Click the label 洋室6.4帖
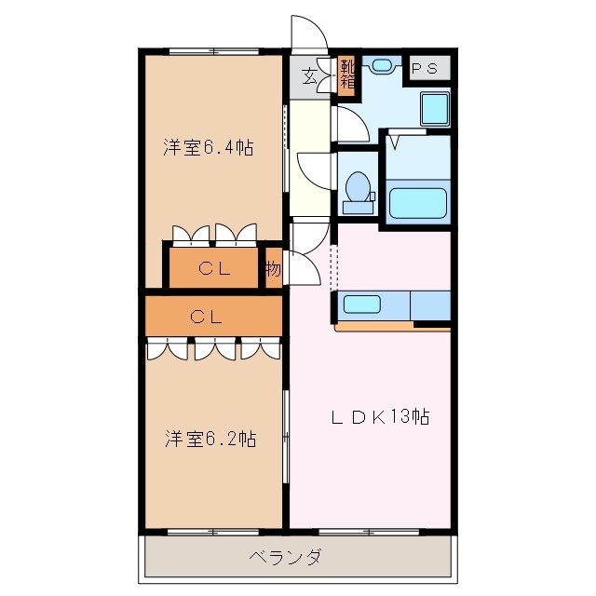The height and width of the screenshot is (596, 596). [x=209, y=147]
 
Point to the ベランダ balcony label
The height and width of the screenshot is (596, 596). [x=286, y=558]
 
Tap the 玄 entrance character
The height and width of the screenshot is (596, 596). [x=308, y=75]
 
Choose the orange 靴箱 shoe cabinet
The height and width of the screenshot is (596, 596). [x=346, y=74]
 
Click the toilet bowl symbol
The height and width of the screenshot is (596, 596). [x=356, y=187]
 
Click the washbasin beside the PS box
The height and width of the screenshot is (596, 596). [x=381, y=66]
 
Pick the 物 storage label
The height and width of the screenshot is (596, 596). [x=272, y=270]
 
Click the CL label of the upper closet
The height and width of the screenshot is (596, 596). [x=213, y=269]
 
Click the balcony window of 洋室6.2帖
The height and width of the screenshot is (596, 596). [x=210, y=533]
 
